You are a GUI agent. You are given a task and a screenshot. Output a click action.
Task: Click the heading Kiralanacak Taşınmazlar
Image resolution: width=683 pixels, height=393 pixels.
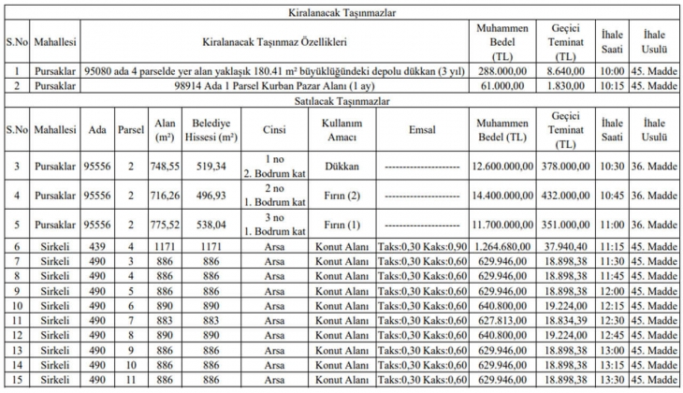pos(342,12)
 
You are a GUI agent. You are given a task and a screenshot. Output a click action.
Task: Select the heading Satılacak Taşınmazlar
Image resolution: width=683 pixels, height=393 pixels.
pos(342,100)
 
